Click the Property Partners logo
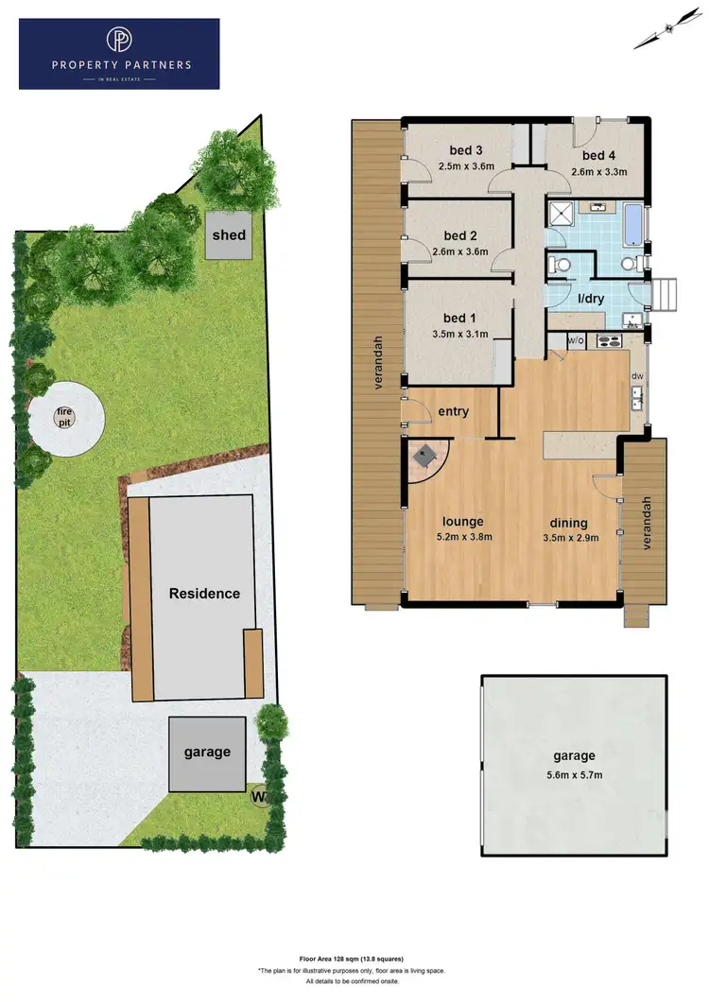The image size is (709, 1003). pos(119,54)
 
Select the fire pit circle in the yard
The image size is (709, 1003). pos(64,416)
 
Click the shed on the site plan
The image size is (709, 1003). pos(229,235)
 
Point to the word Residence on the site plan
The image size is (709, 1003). pos(204,594)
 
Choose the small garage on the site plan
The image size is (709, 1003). pos(207,752)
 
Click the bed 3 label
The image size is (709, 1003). pos(466,150)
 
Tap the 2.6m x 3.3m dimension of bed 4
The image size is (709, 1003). pos(599,172)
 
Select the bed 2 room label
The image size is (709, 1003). pos(459,235)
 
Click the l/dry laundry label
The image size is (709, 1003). pos(591,300)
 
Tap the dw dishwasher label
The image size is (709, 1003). pos(637,376)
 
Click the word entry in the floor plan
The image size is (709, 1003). pos(454,411)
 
